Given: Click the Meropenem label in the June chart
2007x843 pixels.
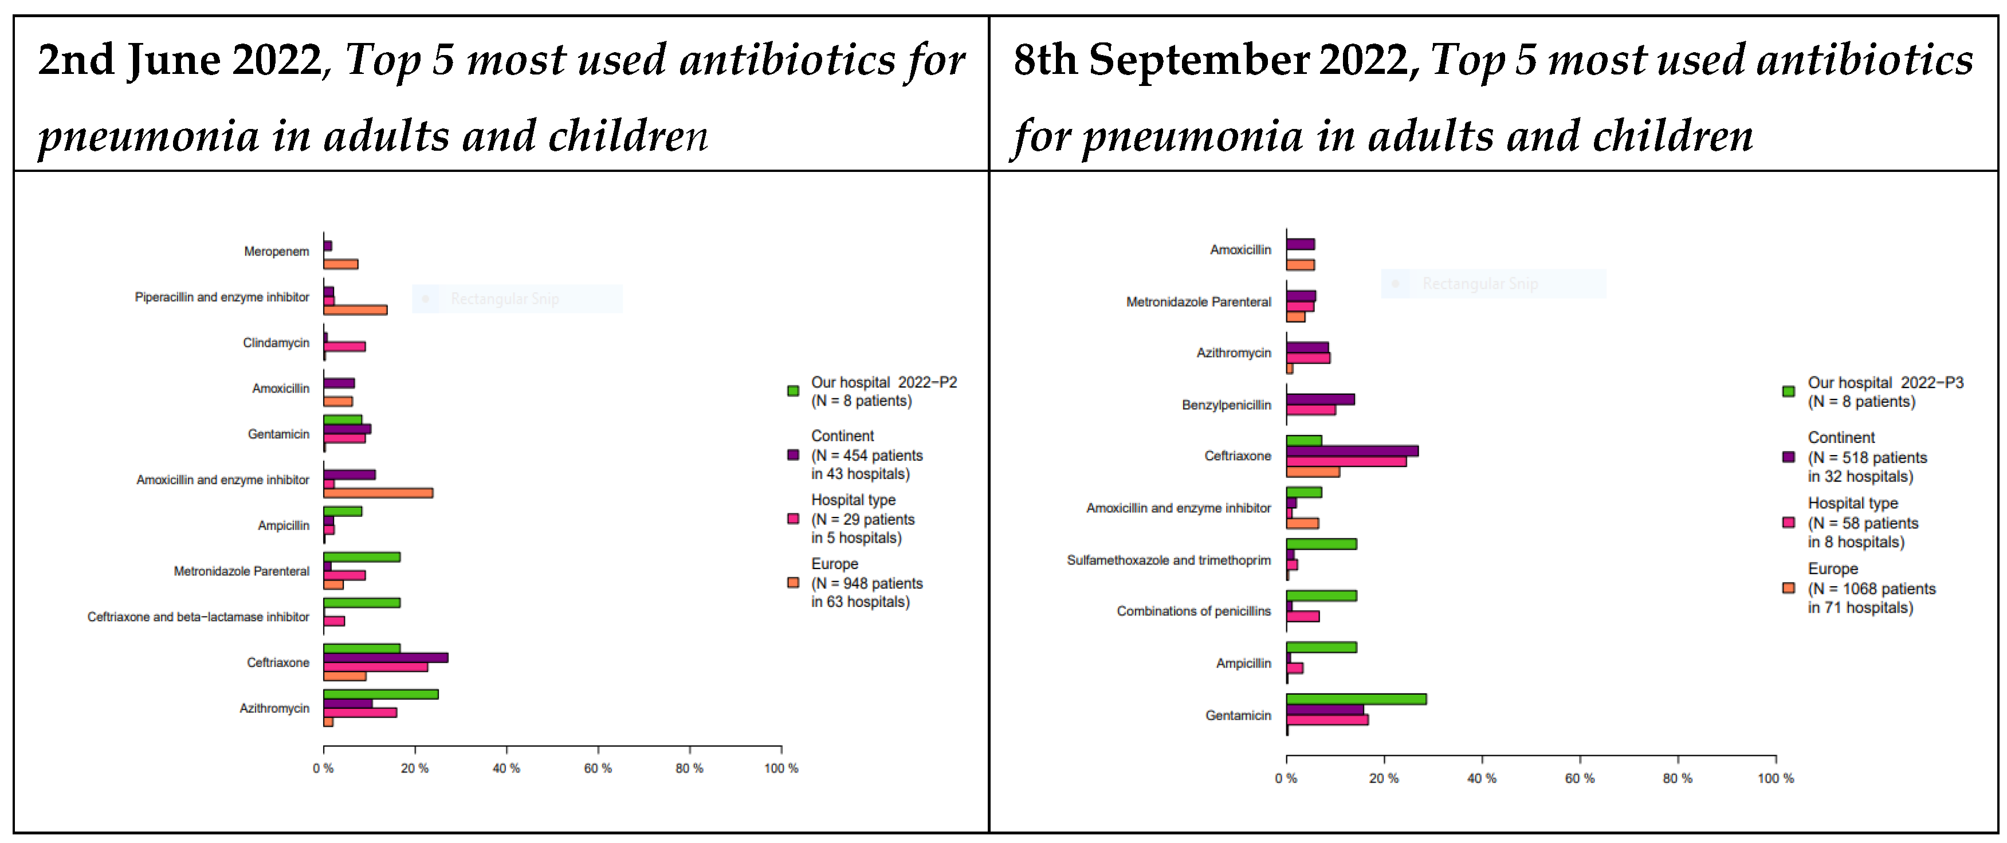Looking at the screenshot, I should [x=277, y=252].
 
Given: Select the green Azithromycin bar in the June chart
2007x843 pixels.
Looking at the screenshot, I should [x=381, y=694].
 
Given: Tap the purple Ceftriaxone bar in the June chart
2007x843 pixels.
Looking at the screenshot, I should [x=386, y=657].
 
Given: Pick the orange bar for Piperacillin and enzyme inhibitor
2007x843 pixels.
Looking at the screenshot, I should [x=355, y=310].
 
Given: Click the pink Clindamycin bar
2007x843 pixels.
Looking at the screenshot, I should [x=345, y=347].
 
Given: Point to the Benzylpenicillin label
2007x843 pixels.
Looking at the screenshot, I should [x=1226, y=405].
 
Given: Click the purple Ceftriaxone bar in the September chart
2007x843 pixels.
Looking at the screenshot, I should [x=1352, y=451].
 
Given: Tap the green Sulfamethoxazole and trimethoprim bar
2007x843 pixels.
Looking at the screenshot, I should [x=1321, y=544].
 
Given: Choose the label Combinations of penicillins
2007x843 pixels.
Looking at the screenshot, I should [x=1193, y=611].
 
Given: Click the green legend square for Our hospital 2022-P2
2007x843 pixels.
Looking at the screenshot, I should [x=793, y=391].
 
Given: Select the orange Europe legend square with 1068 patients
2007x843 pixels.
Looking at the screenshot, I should [x=1789, y=588].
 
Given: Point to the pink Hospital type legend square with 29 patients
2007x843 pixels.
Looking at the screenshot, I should [x=793, y=519].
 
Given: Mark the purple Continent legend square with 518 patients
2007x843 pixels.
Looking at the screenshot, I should [x=1789, y=457].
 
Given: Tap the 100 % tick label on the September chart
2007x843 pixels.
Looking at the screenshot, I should [x=1776, y=778].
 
